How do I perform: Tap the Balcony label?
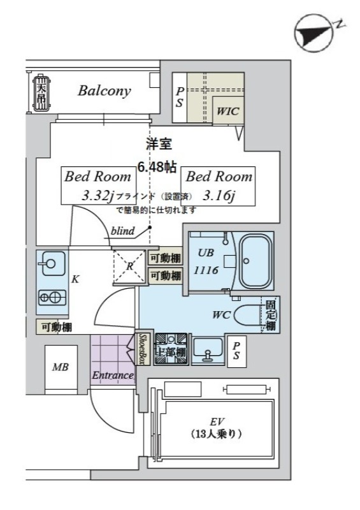[104, 91]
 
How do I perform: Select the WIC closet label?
[227, 110]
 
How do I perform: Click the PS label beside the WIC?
[180, 97]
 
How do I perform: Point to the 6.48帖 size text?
[157, 167]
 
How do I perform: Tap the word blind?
[122, 231]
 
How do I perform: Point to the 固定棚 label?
[271, 316]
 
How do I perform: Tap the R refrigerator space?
[129, 267]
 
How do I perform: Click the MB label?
[60, 368]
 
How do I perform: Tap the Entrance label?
[113, 375]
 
